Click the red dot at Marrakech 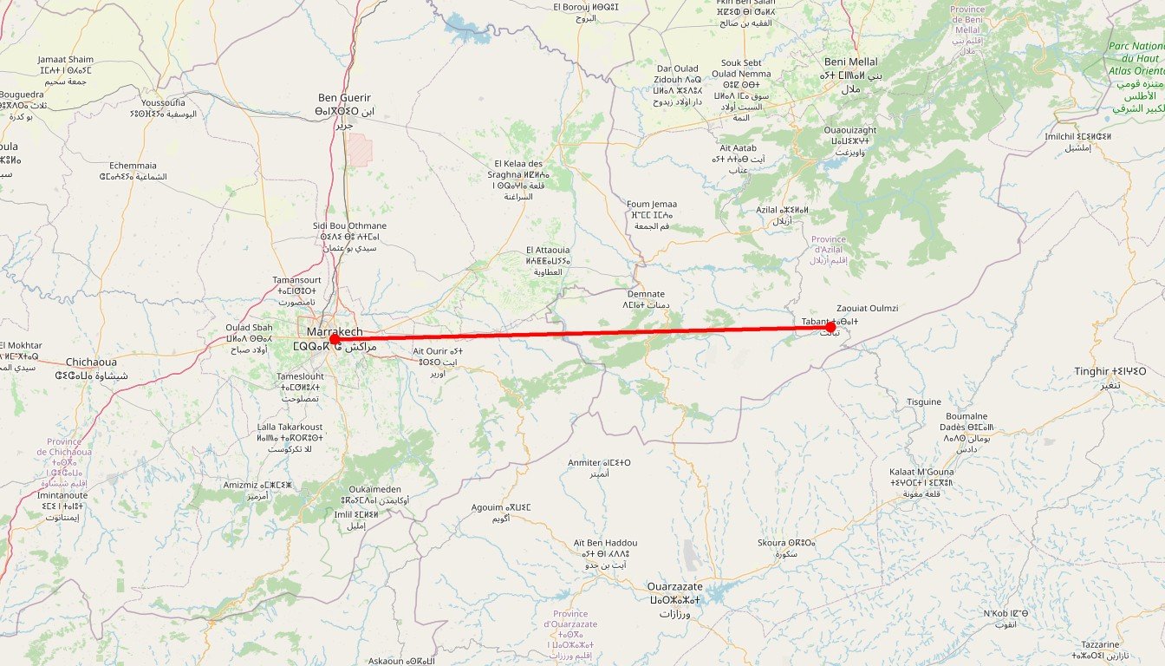click(335, 339)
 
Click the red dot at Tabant click(830, 327)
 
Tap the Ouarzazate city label click(675, 587)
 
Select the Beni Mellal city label click(850, 62)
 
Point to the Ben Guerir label click(344, 98)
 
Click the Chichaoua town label click(91, 362)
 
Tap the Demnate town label click(646, 294)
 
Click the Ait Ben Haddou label click(605, 543)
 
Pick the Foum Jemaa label click(652, 205)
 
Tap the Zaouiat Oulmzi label click(867, 309)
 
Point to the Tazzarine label click(1101, 644)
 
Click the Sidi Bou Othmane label click(349, 226)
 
